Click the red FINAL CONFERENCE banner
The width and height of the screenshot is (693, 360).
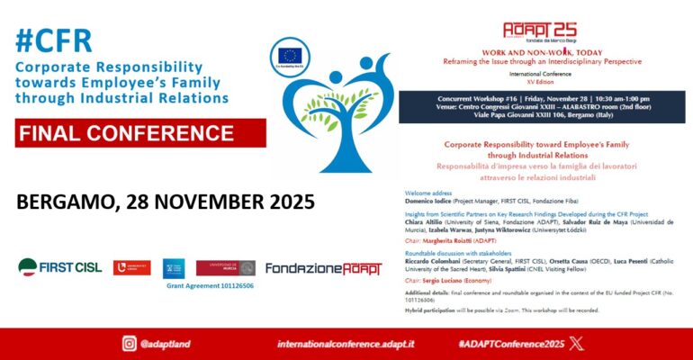pos(140,133)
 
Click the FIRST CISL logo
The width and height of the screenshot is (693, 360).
pos(60,267)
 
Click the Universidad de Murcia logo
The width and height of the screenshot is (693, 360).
pos(225,267)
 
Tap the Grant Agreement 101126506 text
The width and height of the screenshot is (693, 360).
pos(209,285)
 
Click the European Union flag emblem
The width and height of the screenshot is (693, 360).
pos(289,57)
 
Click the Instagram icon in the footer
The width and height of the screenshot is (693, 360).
pos(130,343)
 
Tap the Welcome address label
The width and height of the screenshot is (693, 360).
pos(428,192)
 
